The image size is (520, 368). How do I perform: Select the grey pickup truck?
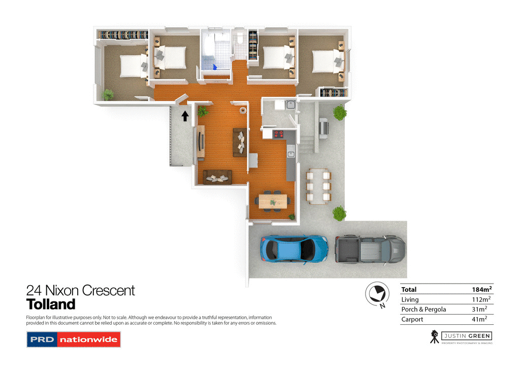[x=371, y=249]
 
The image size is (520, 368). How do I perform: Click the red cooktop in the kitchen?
[x=279, y=134]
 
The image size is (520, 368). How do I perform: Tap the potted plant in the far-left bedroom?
[x=108, y=94]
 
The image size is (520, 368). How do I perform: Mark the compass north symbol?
[x=377, y=294]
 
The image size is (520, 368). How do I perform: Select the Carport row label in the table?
[x=412, y=319]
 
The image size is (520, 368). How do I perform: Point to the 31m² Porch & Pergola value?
[x=480, y=309]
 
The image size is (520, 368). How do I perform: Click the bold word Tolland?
[x=51, y=304]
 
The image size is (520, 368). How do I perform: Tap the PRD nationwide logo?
[x=73, y=339]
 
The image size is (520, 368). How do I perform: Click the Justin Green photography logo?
[x=461, y=336]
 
